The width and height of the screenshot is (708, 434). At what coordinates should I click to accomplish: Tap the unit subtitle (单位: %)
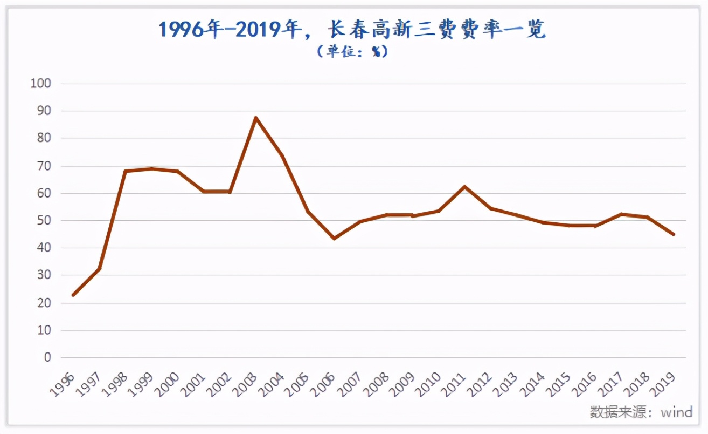coord(353,52)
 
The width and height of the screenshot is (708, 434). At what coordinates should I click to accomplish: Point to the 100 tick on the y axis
coord(41,84)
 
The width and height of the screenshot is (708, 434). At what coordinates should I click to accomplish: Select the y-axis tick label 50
coord(44,221)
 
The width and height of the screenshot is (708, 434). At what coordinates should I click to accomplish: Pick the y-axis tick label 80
coord(44,139)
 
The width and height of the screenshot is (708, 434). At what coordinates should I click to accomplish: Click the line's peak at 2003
coord(256,118)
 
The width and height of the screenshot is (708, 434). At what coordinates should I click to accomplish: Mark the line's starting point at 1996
coord(73,295)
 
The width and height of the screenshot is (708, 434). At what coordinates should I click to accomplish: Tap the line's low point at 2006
coord(335,238)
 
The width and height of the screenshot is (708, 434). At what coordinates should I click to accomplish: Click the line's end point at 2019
coord(674,234)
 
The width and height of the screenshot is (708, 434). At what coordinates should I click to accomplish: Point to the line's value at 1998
coord(125,172)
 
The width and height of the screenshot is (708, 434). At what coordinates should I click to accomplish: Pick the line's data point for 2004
coord(282,156)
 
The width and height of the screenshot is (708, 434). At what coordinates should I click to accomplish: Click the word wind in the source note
coord(677,412)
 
